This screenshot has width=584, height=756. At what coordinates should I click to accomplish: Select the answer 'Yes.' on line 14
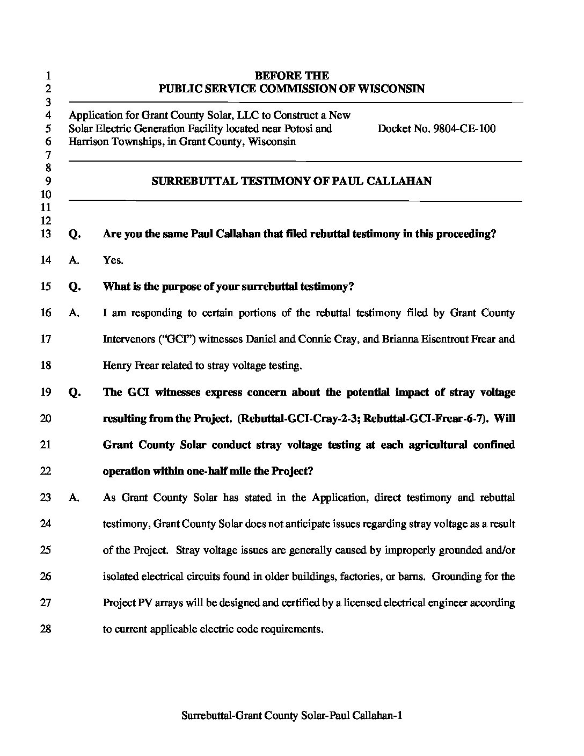click(x=113, y=260)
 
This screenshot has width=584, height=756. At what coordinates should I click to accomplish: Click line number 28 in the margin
click(x=46, y=629)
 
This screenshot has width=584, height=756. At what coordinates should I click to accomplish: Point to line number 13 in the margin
click(x=46, y=234)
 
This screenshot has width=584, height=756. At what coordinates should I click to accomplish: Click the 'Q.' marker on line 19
click(x=75, y=392)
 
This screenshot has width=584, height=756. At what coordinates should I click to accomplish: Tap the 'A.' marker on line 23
click(x=75, y=498)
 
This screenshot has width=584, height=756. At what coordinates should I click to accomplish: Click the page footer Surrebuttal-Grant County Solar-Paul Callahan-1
click(x=292, y=715)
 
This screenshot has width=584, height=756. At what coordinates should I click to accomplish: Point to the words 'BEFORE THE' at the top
click(x=291, y=76)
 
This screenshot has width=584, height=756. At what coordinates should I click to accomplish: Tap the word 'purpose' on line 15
click(x=165, y=287)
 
